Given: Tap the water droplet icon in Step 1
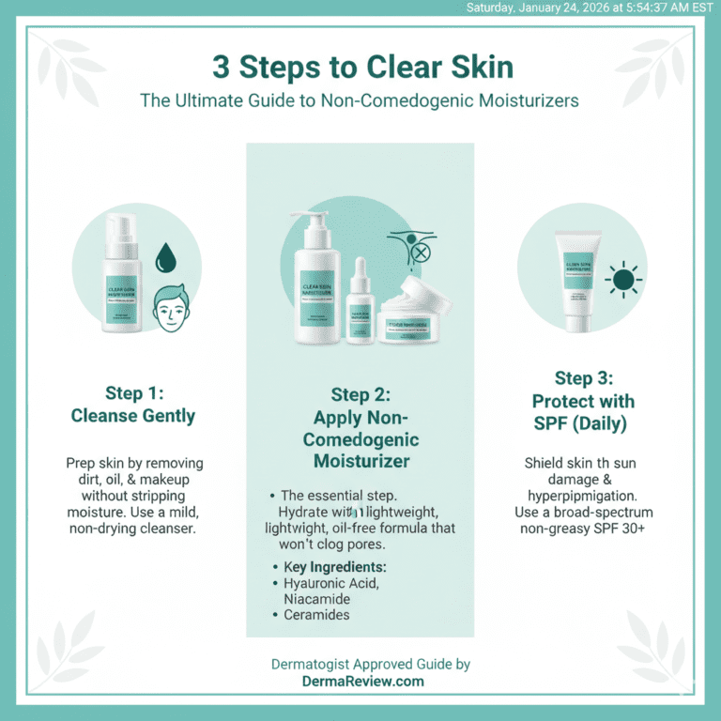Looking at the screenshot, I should coord(165,256).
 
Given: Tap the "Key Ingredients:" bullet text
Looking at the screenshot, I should coord(335,567).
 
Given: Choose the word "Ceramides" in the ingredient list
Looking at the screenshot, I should coord(316,615).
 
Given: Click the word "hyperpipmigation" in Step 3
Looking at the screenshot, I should coord(590,497).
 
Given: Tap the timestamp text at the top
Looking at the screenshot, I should coord(591,8).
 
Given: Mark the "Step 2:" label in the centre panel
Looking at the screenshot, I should coord(360,394).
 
